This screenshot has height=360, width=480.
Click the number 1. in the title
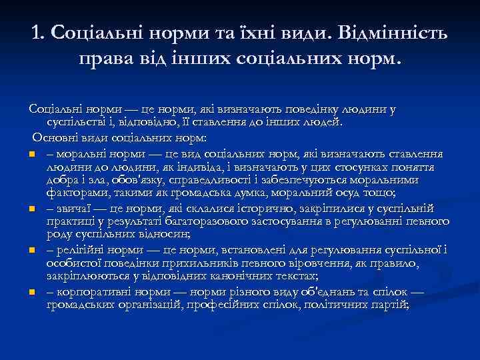pyautogui.click(x=39, y=33)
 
